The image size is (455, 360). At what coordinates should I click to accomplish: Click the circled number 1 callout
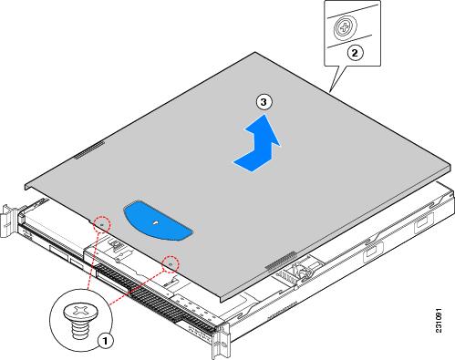(105, 341)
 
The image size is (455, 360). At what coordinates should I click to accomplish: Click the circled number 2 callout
(355, 53)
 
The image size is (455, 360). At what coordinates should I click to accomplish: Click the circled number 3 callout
(264, 102)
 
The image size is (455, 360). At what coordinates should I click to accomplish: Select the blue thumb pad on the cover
(158, 221)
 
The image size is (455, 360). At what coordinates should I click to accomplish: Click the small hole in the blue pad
(156, 222)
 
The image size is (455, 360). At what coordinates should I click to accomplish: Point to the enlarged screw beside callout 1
(80, 319)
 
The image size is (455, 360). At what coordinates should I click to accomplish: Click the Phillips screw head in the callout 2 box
(344, 28)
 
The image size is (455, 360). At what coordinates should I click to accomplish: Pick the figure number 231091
(439, 321)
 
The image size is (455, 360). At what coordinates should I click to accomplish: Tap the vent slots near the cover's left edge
(89, 150)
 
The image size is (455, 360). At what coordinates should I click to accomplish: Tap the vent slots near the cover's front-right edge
(280, 261)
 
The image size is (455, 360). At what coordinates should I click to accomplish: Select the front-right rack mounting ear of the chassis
(221, 340)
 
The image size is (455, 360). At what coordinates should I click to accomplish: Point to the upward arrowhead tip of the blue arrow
(266, 114)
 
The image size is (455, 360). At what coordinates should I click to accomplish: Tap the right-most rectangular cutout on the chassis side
(423, 221)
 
